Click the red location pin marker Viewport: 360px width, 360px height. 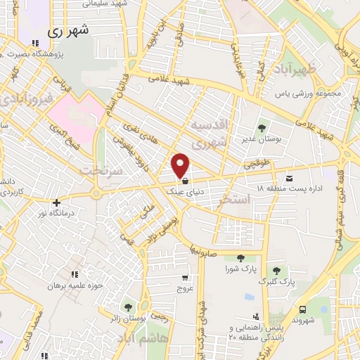tap(181, 165)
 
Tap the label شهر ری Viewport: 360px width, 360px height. tap(69, 32)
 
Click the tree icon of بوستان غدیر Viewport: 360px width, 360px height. tap(262, 128)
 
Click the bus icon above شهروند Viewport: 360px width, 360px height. tap(302, 309)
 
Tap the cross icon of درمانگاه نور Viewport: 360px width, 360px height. tap(57, 203)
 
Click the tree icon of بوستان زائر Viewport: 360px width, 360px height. tap(128, 307)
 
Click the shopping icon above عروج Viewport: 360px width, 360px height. tap(185, 278)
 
